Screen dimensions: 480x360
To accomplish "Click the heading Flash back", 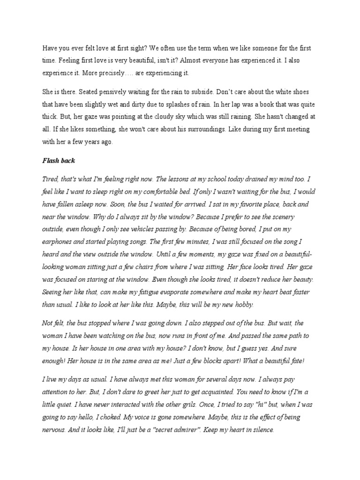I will point(59,160).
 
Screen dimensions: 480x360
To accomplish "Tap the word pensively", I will point(117,92).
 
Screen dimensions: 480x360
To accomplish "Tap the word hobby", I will point(242,305).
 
